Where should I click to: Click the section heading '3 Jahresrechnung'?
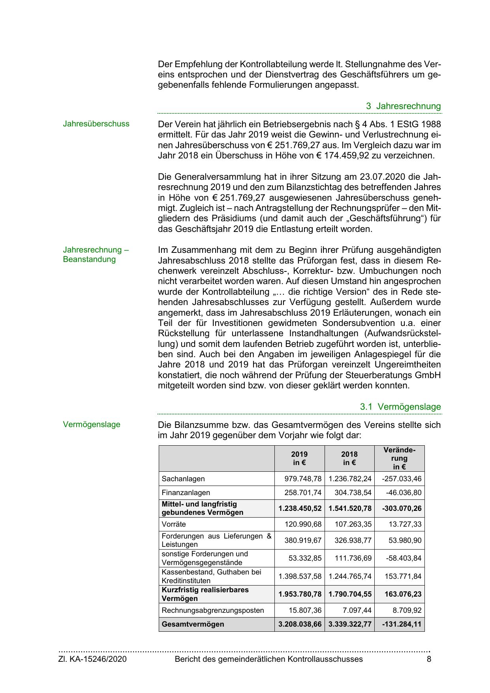[x=403, y=106]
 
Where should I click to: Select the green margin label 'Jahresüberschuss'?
[x=96, y=124]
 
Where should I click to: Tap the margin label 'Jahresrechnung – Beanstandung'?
[x=96, y=254]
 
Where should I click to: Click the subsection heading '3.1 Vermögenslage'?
[x=400, y=407]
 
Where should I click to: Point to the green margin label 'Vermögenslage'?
[x=92, y=424]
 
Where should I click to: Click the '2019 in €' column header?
[x=299, y=458]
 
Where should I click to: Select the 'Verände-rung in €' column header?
[x=399, y=458]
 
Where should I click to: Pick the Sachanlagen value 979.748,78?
[x=303, y=479]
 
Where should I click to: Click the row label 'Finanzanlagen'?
[x=186, y=493]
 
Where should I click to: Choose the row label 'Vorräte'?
[x=174, y=524]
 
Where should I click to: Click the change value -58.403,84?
[x=402, y=558]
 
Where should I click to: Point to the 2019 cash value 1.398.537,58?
[x=300, y=576]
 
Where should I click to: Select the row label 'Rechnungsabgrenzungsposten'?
[x=213, y=610]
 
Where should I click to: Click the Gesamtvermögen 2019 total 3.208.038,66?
[x=300, y=624]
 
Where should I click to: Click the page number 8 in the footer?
[x=429, y=659]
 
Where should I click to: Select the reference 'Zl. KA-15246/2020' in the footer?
[x=92, y=659]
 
